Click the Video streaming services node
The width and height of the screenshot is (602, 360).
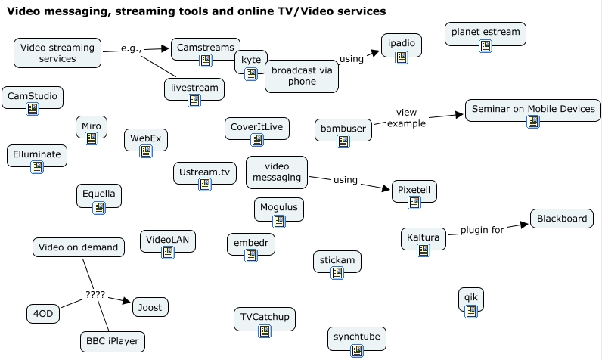click(57, 53)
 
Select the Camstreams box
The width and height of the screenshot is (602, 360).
click(205, 48)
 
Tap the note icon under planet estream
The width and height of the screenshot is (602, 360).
click(486, 47)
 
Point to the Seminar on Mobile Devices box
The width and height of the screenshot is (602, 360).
click(533, 109)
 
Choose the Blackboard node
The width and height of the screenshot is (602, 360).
click(561, 219)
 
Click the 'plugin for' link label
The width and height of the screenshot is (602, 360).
click(482, 231)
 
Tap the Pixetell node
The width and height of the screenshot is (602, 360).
click(414, 189)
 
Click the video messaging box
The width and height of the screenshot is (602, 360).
click(276, 172)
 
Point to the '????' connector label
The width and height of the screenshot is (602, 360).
click(95, 295)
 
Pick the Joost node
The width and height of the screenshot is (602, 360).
click(150, 307)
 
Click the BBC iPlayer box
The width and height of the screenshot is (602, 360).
click(112, 342)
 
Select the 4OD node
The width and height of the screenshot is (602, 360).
click(43, 313)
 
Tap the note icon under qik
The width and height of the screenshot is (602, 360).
click(470, 311)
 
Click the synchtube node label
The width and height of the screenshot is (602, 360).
click(356, 335)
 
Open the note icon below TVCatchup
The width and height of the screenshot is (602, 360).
click(264, 331)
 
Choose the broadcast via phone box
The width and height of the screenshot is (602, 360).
click(301, 76)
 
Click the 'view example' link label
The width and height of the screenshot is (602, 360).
click(407, 118)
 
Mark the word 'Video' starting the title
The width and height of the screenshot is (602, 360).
click(23, 11)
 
